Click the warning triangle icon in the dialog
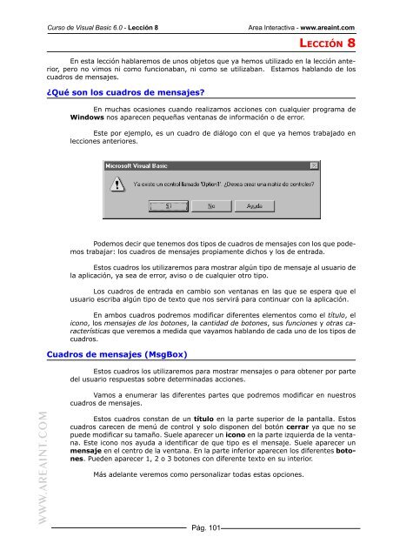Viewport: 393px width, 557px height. click(x=116, y=185)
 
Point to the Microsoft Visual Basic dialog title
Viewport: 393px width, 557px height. click(x=139, y=164)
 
